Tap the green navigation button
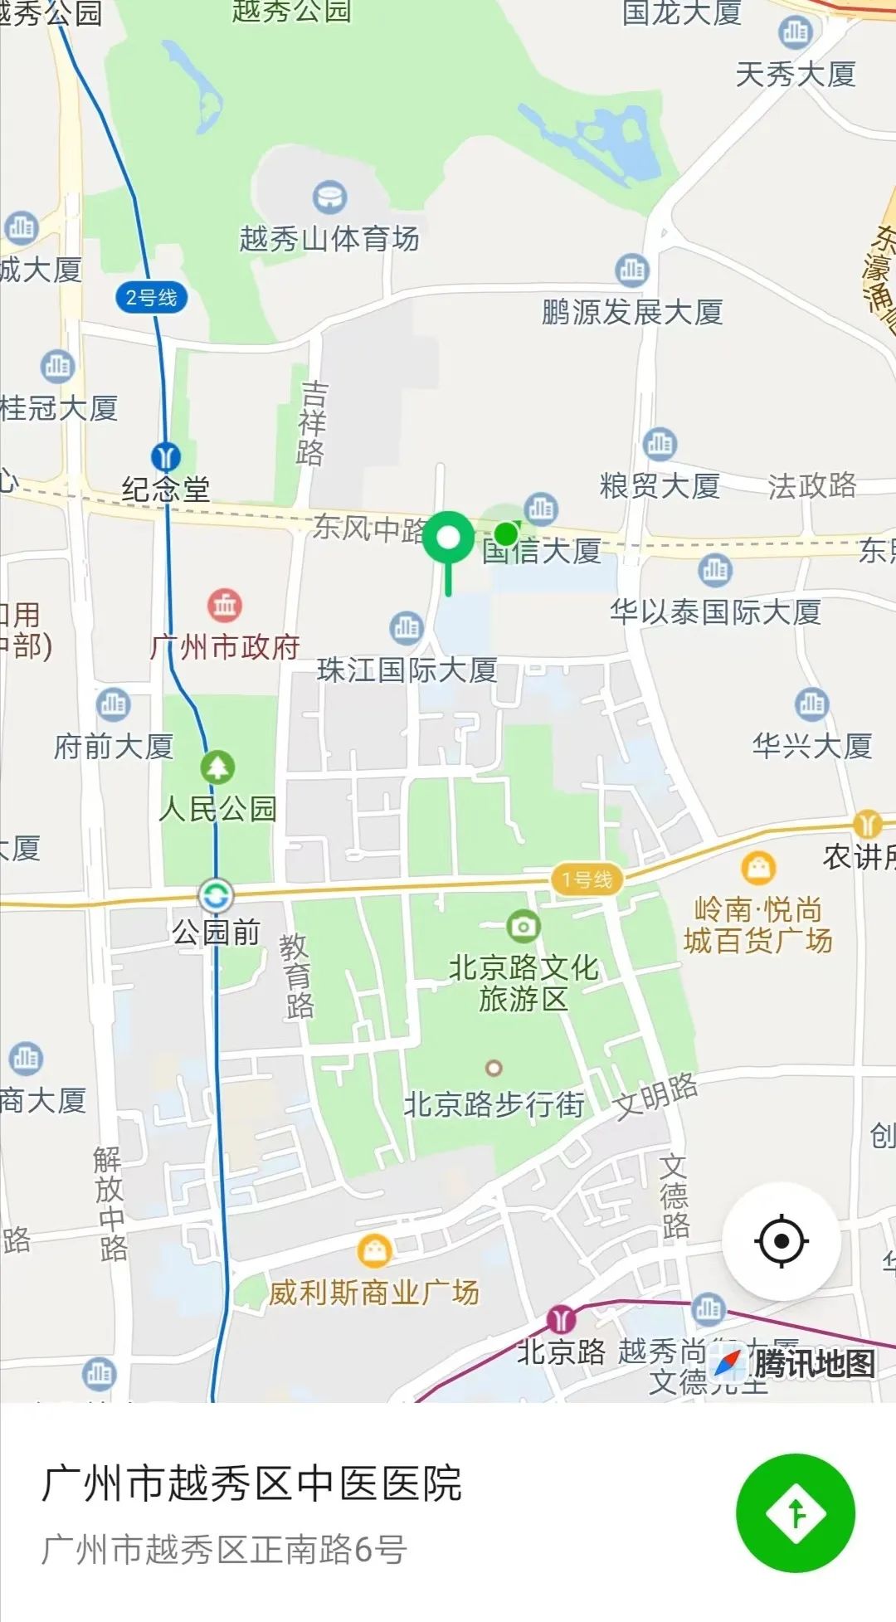point(795,1512)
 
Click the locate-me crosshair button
point(781,1241)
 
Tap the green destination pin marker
point(448,538)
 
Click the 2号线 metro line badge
point(151,298)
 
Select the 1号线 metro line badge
point(587,879)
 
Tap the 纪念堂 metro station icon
point(166,456)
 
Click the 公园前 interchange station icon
point(216,896)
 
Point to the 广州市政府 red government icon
point(225,606)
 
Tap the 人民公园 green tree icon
point(217,767)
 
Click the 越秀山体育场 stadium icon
point(329,197)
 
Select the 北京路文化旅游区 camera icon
point(523,926)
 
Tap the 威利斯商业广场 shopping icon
point(374,1250)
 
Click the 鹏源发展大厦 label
point(632,313)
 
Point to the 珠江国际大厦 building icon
point(406,628)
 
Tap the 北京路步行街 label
point(494,1105)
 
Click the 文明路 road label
point(655,1094)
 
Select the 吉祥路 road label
point(313,423)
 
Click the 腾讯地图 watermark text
point(814,1363)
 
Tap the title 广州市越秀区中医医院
point(251,1483)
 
